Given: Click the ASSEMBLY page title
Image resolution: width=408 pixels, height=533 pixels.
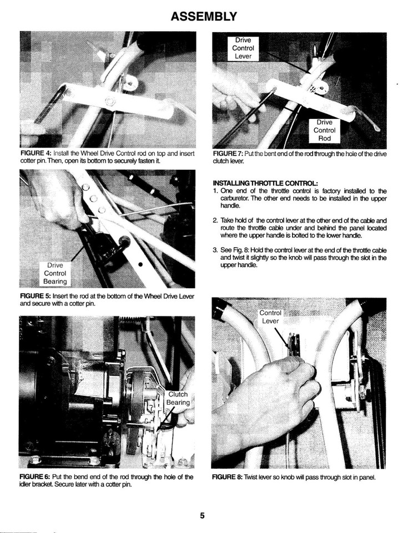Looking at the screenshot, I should (x=204, y=17).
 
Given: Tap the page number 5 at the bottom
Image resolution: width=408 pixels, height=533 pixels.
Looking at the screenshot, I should (x=203, y=515).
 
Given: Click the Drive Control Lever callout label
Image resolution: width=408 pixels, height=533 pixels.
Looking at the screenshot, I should (x=242, y=48).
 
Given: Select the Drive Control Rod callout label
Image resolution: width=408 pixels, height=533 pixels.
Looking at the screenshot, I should (x=324, y=130).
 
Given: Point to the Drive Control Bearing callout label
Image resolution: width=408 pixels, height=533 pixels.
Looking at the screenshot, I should (x=55, y=274).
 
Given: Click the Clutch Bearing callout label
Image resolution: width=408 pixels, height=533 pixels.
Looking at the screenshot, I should (x=178, y=398).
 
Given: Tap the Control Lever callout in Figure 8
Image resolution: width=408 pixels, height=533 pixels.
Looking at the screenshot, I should (x=270, y=316).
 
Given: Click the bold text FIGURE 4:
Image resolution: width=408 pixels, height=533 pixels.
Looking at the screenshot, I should (x=36, y=153).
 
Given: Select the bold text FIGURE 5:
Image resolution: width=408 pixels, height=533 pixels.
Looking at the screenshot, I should (x=36, y=296).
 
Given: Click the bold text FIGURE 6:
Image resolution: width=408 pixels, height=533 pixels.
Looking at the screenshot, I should (x=36, y=477).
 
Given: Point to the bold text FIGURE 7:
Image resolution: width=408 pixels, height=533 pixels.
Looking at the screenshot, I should (x=229, y=153).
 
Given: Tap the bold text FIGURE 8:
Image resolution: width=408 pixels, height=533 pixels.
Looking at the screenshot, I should (x=229, y=477).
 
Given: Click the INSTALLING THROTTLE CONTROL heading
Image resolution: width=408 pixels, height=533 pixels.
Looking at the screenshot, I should (x=265, y=183).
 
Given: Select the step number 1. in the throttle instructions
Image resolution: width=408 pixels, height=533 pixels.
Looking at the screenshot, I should (x=215, y=191).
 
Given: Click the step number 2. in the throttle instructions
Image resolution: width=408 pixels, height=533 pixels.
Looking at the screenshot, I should (x=215, y=220).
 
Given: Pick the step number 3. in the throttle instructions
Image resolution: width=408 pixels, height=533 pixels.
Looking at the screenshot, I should (x=215, y=250).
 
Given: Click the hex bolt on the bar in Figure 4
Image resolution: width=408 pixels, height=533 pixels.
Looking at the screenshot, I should (x=110, y=102).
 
